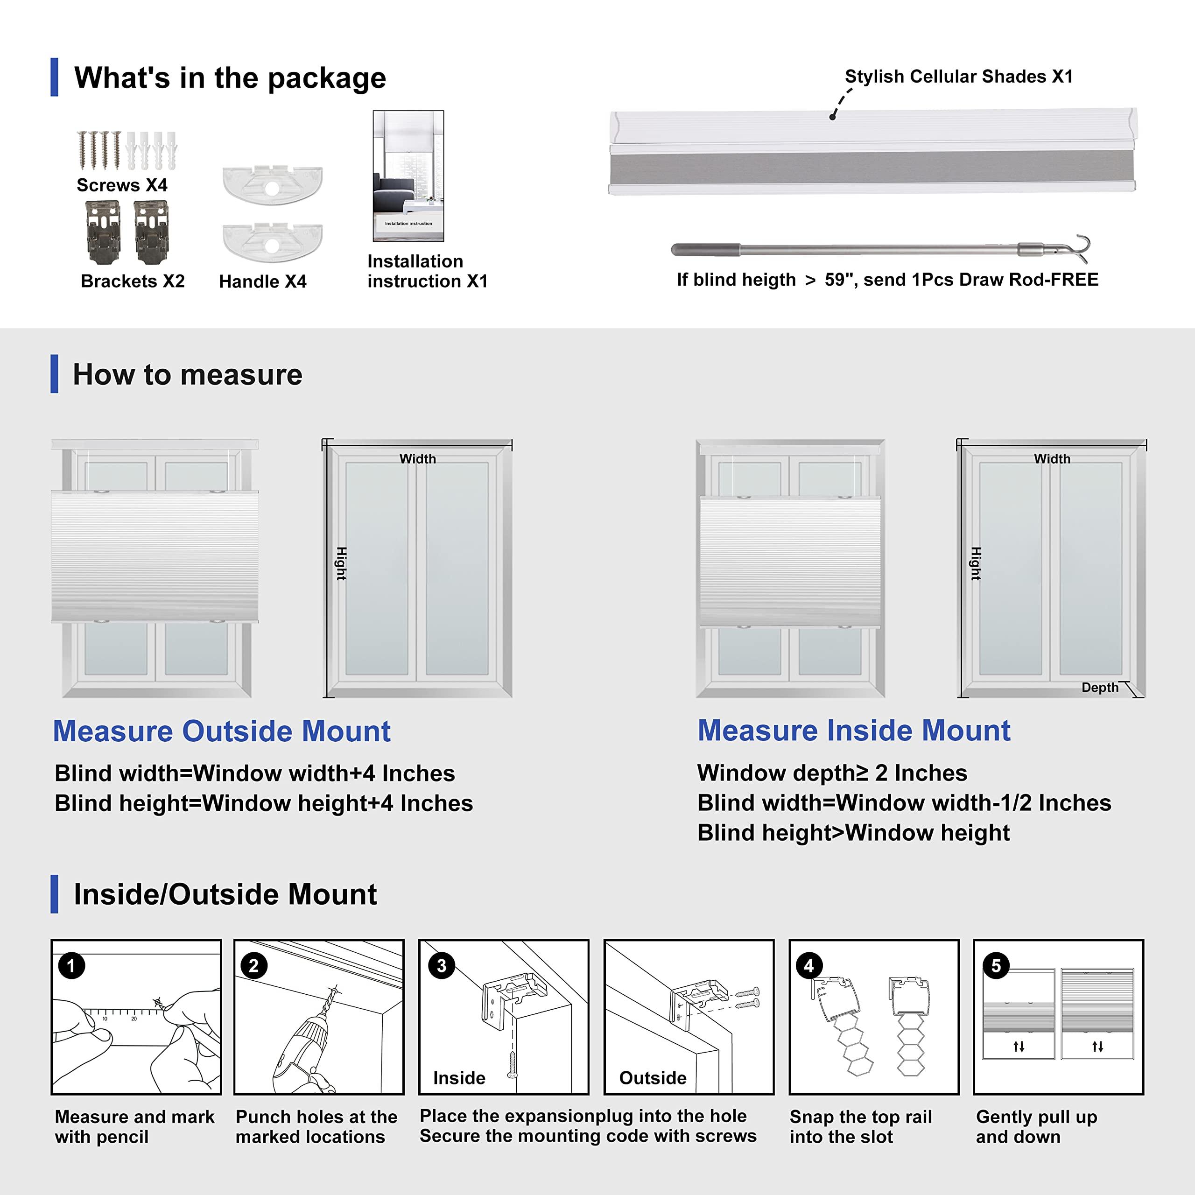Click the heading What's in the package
tap(230, 78)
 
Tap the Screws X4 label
tap(122, 185)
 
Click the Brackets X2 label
tap(133, 281)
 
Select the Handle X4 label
tap(262, 281)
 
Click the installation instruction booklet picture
tap(408, 176)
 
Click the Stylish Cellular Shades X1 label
tap(958, 76)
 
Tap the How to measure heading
tap(187, 374)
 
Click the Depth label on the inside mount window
tap(1099, 687)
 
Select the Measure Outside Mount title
tap(221, 731)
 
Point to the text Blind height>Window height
tap(853, 833)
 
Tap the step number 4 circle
tap(808, 965)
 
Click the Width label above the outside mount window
tap(417, 458)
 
